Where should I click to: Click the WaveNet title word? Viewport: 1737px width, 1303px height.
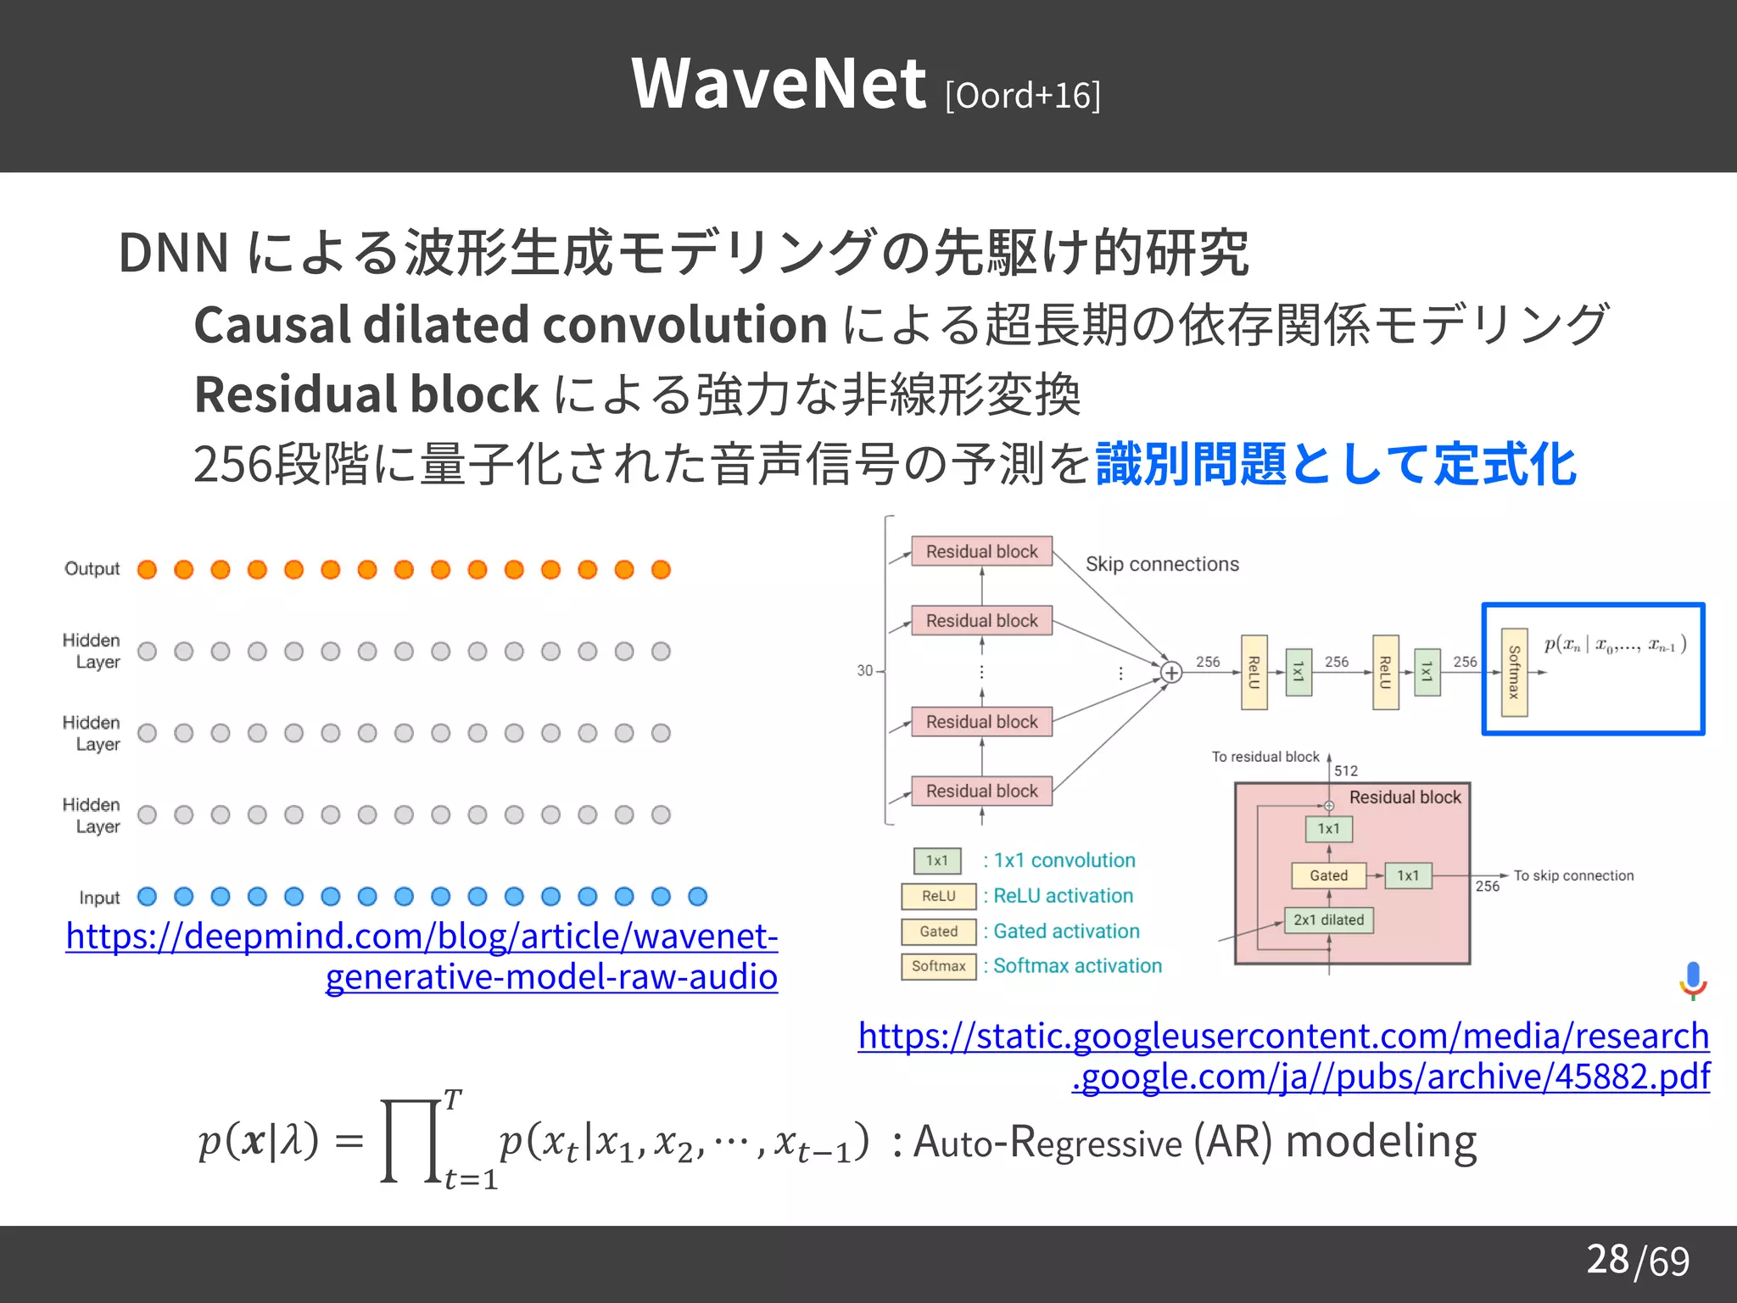(778, 84)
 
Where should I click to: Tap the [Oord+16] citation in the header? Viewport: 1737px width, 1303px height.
(1023, 95)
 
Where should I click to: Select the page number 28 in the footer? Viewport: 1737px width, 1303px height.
(1607, 1259)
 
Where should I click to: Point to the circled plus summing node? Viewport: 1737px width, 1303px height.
(1171, 673)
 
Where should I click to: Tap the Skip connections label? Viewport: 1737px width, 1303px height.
(1161, 564)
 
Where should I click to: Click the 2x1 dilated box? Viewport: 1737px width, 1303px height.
(1328, 920)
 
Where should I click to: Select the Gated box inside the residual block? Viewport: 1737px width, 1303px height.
(1328, 875)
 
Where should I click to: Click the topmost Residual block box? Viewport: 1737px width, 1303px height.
(981, 551)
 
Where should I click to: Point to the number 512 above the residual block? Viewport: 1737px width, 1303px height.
(1345, 770)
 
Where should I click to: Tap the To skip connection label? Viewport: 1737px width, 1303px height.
(1573, 875)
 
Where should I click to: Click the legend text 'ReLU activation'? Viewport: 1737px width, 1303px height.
(1063, 896)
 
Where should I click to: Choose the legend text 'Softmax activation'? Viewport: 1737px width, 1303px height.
(1077, 965)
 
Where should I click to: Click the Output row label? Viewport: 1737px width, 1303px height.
(92, 568)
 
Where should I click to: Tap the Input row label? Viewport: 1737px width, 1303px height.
(99, 898)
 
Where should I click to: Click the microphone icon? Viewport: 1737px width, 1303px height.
(1693, 980)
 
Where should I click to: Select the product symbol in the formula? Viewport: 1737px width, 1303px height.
(412, 1141)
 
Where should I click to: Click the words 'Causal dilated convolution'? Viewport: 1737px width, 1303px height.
(511, 325)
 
